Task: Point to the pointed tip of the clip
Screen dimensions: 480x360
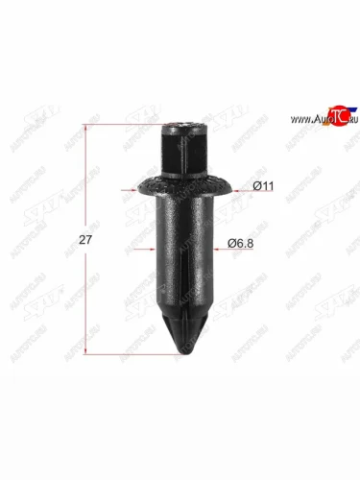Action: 181,345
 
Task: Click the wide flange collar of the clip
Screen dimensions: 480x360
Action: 180,184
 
